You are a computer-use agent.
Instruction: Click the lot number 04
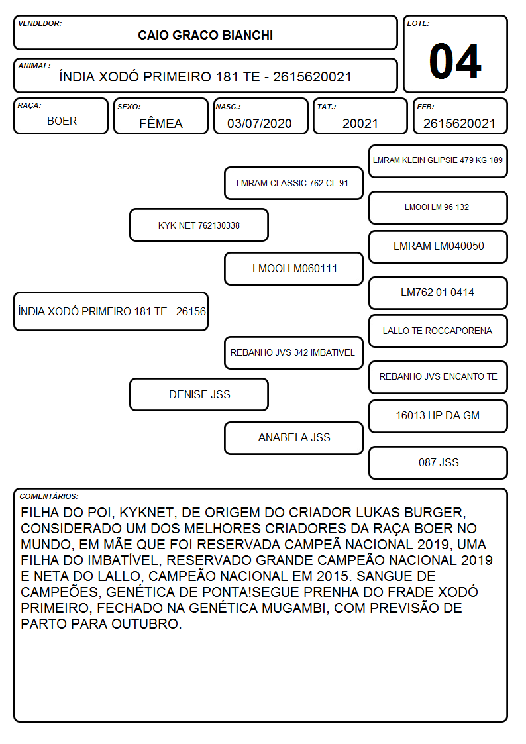click(455, 61)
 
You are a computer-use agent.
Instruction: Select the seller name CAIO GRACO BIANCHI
click(205, 36)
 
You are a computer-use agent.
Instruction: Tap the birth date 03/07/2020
click(260, 123)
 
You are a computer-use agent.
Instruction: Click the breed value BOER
click(62, 121)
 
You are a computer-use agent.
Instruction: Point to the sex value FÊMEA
click(161, 123)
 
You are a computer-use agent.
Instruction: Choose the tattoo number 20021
click(360, 123)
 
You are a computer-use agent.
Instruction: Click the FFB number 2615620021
click(459, 123)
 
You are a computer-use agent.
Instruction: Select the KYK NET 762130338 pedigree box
click(199, 225)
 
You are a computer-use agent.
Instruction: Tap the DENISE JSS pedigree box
click(199, 394)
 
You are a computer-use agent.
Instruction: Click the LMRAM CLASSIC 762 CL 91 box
click(293, 183)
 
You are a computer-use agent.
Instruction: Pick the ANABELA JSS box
click(293, 438)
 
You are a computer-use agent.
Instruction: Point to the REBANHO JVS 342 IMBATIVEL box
click(293, 352)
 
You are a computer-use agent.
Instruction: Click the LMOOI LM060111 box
click(293, 268)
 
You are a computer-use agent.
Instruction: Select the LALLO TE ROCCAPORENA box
click(439, 331)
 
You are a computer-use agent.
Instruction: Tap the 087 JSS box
click(439, 462)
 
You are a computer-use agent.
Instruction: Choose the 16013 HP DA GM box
click(439, 416)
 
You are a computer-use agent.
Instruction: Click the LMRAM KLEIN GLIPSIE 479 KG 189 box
click(439, 161)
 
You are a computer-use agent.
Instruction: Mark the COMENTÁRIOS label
click(49, 496)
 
